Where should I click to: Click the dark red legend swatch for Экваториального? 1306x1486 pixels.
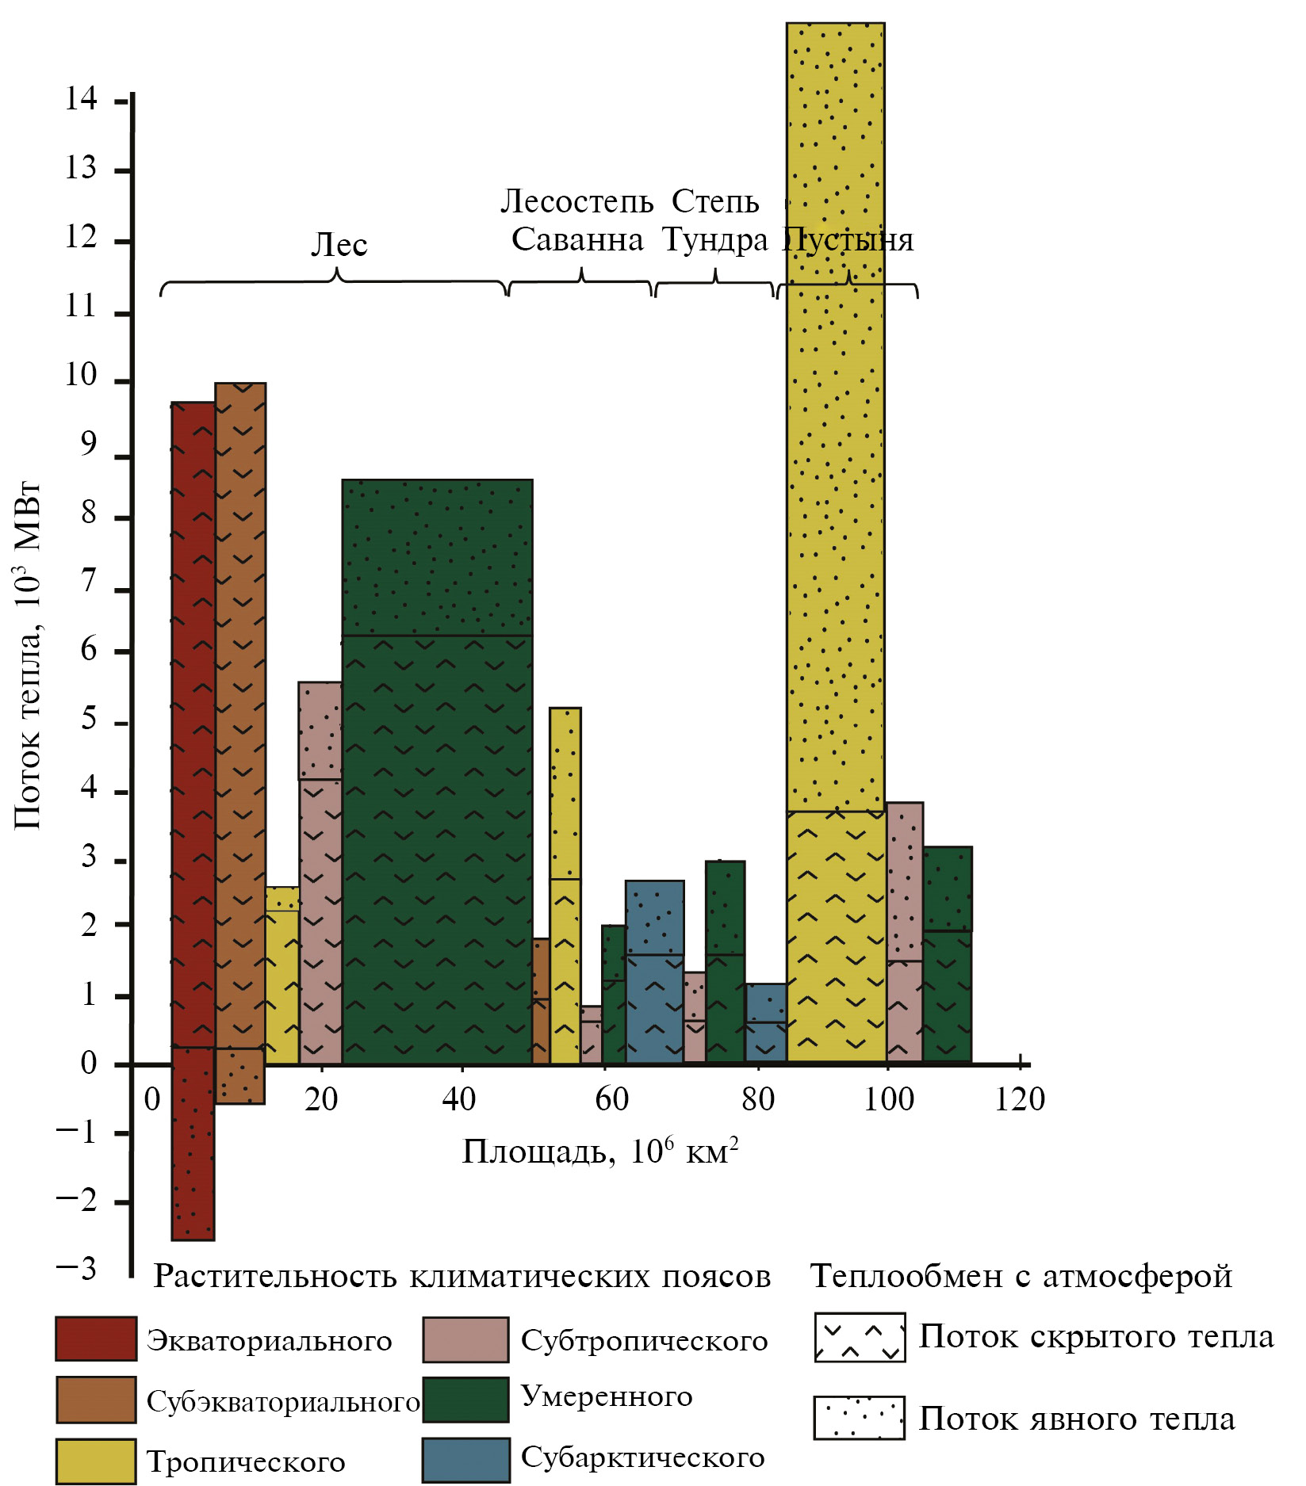click(95, 1339)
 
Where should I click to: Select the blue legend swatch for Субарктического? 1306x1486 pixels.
click(465, 1460)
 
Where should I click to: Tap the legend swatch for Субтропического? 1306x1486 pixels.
click(465, 1339)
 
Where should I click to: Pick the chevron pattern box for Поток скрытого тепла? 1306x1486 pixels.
click(860, 1338)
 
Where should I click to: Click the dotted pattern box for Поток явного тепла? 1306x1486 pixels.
click(859, 1418)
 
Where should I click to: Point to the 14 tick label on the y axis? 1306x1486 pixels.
click(81, 99)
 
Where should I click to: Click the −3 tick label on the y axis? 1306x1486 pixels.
click(77, 1270)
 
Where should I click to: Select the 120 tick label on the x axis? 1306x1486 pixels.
click(1020, 1100)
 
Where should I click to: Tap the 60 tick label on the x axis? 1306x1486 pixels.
click(611, 1100)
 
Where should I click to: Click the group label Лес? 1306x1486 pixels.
click(339, 245)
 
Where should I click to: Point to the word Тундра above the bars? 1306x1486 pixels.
click(715, 239)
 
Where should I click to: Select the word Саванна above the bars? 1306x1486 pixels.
click(576, 239)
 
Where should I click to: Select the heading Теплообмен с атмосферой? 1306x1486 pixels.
click(1021, 1277)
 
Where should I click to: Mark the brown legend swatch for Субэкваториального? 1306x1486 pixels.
click(96, 1400)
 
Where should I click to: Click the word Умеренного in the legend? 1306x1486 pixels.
click(607, 1396)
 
